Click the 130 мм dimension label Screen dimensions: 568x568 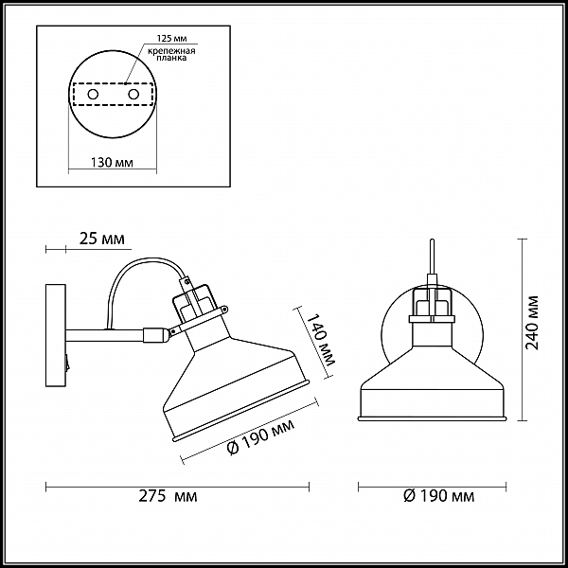(112, 163)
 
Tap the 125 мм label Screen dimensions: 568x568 (171, 38)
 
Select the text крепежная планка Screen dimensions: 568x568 (171, 54)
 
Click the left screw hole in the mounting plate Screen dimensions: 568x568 (93, 95)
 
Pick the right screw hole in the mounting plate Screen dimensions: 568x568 (133, 95)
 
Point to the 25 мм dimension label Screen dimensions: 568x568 (102, 239)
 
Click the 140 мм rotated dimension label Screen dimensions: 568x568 (321, 339)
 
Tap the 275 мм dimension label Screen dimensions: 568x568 (168, 496)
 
